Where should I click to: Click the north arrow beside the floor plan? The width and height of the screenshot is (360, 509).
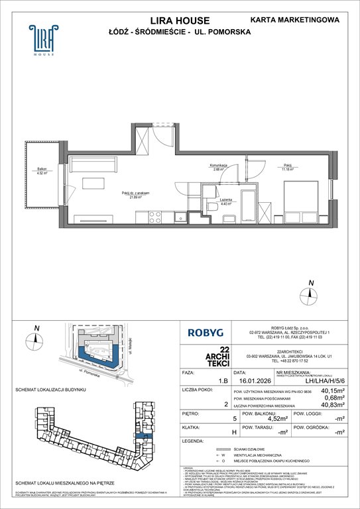[310, 290]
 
